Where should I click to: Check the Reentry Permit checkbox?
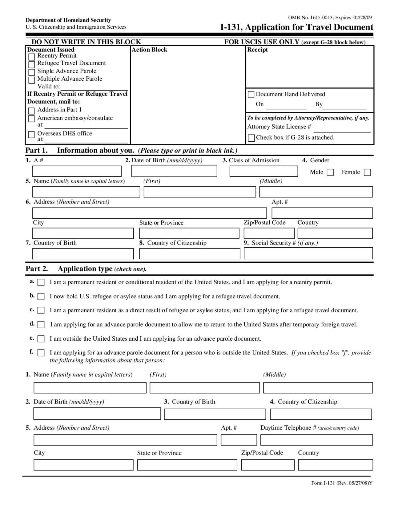[31, 57]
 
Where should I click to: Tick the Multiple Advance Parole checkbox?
[31, 80]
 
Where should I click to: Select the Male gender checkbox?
[330, 172]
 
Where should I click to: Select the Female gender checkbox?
[367, 172]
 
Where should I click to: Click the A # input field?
[77, 171]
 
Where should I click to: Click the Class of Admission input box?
[263, 171]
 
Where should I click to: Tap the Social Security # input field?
[308, 253]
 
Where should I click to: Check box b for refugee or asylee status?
[41, 297]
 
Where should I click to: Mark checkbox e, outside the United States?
[41, 339]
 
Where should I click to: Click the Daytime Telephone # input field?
[316, 440]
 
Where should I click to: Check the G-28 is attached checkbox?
[251, 138]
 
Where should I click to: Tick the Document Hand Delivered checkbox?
[251, 95]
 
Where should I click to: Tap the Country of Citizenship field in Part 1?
[190, 253]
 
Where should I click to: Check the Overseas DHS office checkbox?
[31, 135]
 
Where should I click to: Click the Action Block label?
[149, 50]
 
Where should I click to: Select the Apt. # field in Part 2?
[239, 440]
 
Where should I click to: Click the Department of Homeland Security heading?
[68, 20]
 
